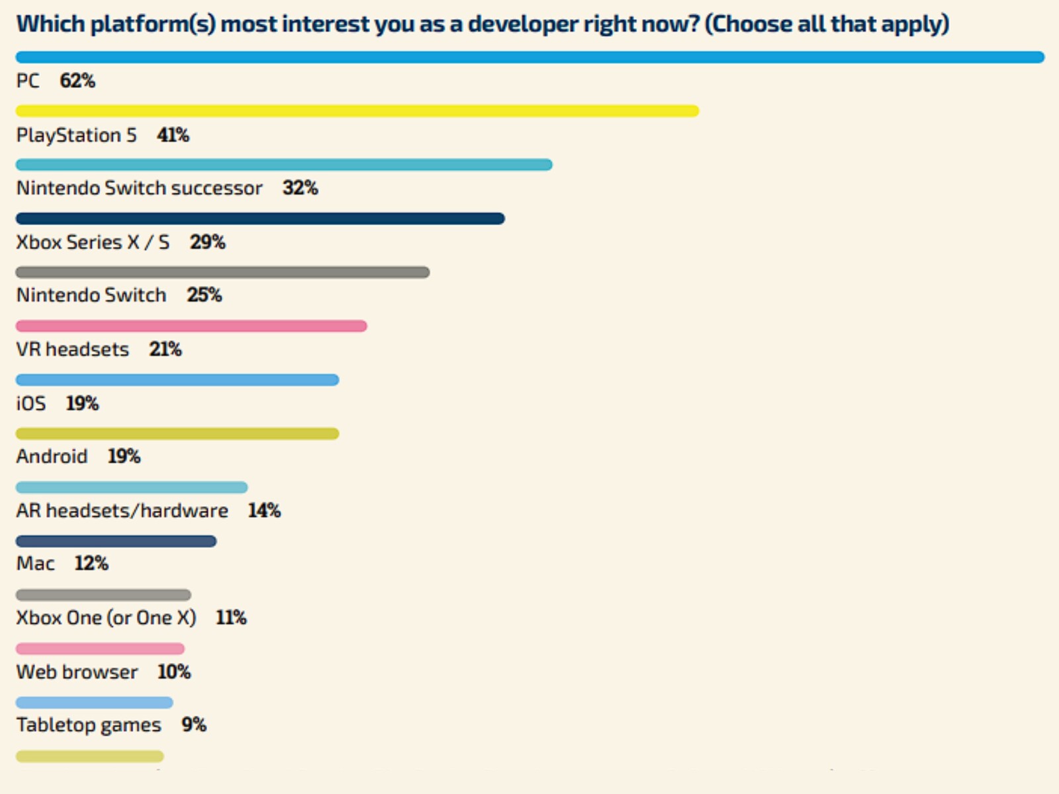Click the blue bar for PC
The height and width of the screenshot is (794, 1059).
(529, 58)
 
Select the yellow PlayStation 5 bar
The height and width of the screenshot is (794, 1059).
(357, 111)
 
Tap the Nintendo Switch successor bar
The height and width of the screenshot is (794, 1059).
(284, 165)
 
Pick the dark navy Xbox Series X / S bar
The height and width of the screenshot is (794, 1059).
(260, 218)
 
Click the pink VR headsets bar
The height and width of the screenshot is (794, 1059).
(191, 326)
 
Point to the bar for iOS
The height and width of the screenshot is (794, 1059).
(177, 380)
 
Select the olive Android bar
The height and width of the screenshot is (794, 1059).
(177, 434)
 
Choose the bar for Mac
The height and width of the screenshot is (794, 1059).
(116, 541)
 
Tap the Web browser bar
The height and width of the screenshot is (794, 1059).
(100, 649)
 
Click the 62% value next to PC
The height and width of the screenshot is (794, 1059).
(77, 81)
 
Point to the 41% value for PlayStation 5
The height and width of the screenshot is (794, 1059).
(173, 135)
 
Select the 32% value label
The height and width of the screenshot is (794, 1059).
(300, 188)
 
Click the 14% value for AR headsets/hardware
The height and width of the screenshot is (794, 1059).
(264, 510)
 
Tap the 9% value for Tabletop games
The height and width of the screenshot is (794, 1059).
(194, 725)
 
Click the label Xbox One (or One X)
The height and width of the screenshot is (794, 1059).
(106, 617)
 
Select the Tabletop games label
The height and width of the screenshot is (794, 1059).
(89, 725)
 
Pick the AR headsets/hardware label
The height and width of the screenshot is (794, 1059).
(122, 510)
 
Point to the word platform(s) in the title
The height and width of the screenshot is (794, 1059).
(153, 24)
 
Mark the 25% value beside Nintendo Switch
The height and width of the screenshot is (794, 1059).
(204, 294)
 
